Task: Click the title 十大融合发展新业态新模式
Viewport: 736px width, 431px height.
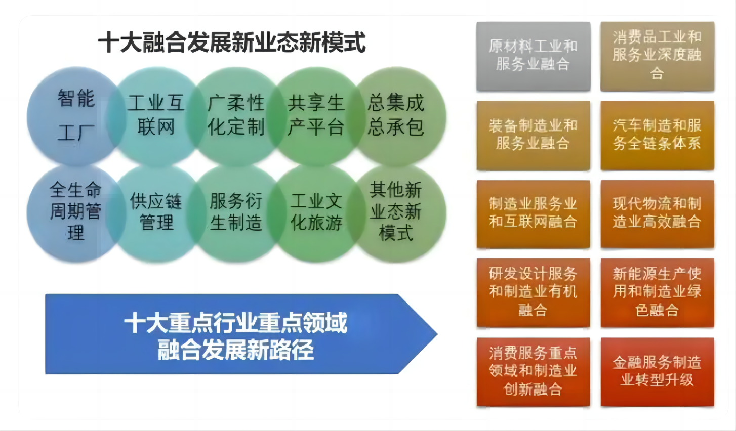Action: (x=232, y=42)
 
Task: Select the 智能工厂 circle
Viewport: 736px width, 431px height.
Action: (x=75, y=116)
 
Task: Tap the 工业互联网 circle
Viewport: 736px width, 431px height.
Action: (x=155, y=116)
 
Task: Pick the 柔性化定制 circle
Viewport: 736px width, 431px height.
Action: (x=236, y=116)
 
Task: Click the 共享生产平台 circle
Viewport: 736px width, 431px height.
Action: (x=316, y=116)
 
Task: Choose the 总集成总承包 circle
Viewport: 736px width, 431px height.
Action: (x=396, y=116)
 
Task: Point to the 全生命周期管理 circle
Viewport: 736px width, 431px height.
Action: (x=75, y=212)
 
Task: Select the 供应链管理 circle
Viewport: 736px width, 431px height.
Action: (x=155, y=212)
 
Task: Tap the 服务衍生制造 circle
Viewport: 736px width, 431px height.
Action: (x=236, y=212)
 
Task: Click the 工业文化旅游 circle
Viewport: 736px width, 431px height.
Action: (x=316, y=212)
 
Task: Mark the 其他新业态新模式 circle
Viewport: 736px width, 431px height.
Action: (x=396, y=212)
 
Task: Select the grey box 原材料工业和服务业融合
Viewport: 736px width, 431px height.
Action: (x=533, y=56)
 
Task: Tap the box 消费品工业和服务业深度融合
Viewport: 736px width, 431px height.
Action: (x=657, y=56)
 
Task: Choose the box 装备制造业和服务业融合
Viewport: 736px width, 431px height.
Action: (x=533, y=135)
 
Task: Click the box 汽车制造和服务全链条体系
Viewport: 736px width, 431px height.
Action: (x=657, y=135)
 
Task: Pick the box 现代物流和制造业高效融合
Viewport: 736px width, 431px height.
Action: (x=657, y=213)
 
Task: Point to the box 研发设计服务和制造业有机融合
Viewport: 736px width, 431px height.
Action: (x=533, y=292)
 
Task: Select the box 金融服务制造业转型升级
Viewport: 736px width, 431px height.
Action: (x=657, y=371)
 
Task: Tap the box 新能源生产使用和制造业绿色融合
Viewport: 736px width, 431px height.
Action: (x=657, y=292)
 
